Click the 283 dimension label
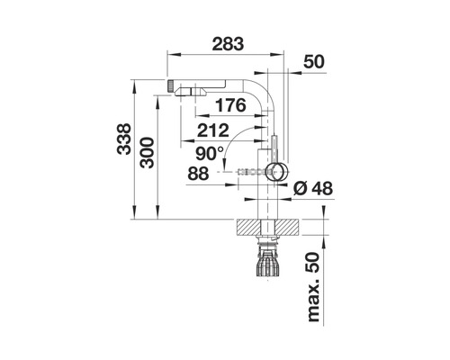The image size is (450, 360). [228, 44]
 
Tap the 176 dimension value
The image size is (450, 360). [230, 105]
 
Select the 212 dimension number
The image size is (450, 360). [213, 130]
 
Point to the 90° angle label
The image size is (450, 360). [210, 154]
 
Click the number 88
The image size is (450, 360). [198, 174]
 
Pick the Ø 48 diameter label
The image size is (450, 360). [313, 189]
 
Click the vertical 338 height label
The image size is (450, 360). [124, 139]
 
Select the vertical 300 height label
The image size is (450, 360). [147, 152]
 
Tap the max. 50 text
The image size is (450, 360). [313, 287]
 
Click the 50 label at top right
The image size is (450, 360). [314, 62]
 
